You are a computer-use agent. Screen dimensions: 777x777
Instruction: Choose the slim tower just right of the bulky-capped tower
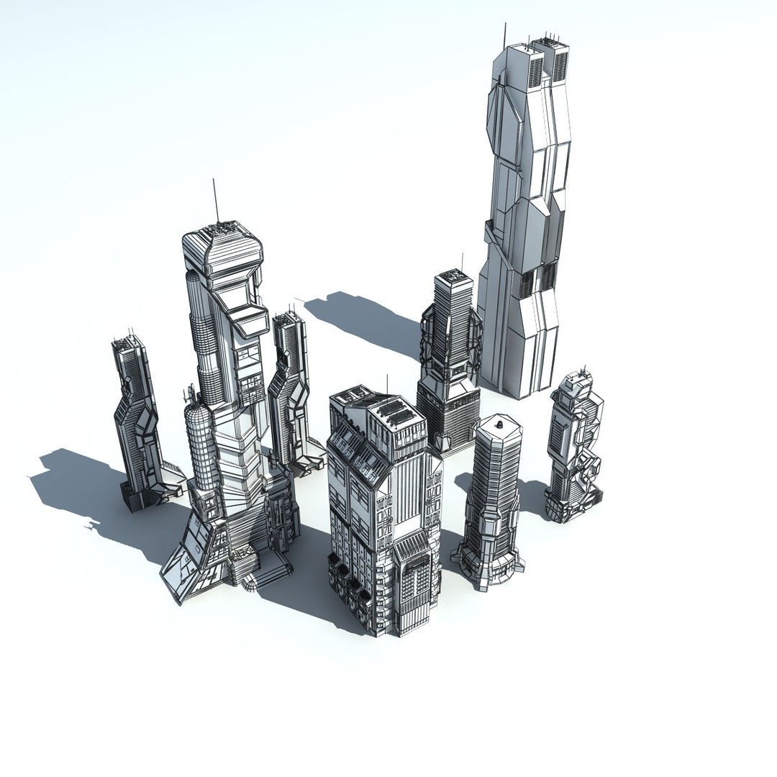pos(291,388)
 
